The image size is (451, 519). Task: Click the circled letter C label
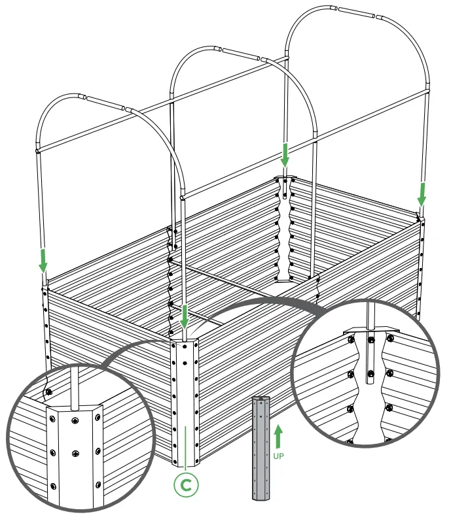(x=186, y=484)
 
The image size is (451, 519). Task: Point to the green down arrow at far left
(x=43, y=259)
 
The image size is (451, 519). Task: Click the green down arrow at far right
(x=422, y=192)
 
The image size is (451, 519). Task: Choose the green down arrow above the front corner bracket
(x=185, y=317)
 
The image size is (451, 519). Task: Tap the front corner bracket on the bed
(x=185, y=399)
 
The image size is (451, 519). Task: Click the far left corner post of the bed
(x=46, y=327)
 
